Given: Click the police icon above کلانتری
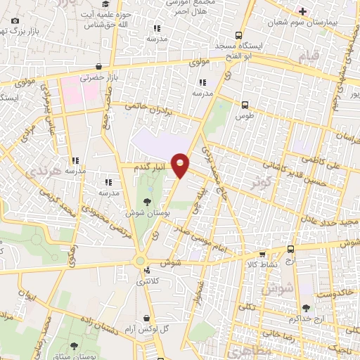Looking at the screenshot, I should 146,269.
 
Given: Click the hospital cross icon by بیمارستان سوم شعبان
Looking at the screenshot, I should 302,11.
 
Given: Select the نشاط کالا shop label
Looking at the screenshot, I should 267,264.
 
